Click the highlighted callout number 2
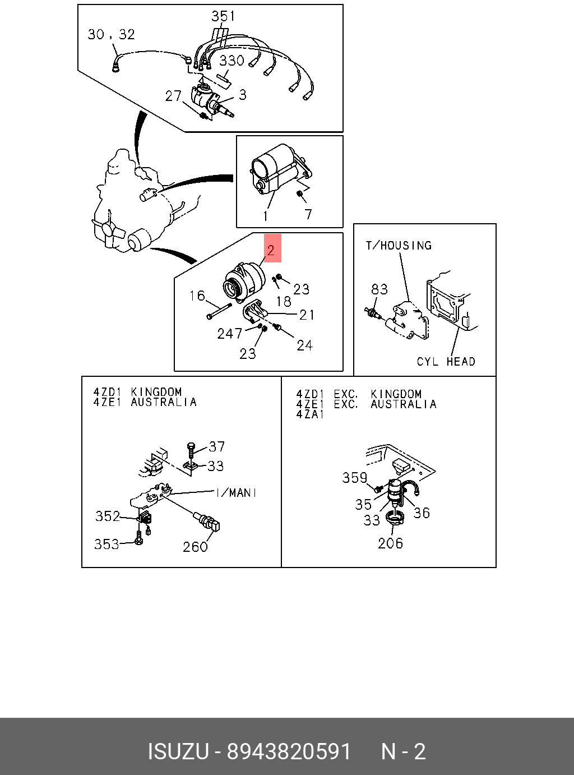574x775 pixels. click(271, 250)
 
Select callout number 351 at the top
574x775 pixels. click(223, 16)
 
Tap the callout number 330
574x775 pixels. click(232, 61)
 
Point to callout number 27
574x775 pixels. click(173, 96)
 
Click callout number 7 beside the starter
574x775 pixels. click(308, 214)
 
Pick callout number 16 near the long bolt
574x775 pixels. click(197, 296)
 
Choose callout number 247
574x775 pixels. click(230, 334)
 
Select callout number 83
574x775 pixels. click(379, 289)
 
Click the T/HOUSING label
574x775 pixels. click(399, 245)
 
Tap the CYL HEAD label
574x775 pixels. click(446, 362)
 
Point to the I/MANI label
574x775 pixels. click(236, 492)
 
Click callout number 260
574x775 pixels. click(195, 546)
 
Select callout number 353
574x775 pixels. click(107, 543)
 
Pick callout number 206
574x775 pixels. click(390, 543)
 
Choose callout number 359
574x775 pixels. click(355, 477)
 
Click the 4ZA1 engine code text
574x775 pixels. click(310, 414)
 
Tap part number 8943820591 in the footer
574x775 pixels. click(289, 751)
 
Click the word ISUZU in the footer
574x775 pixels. click(178, 751)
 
